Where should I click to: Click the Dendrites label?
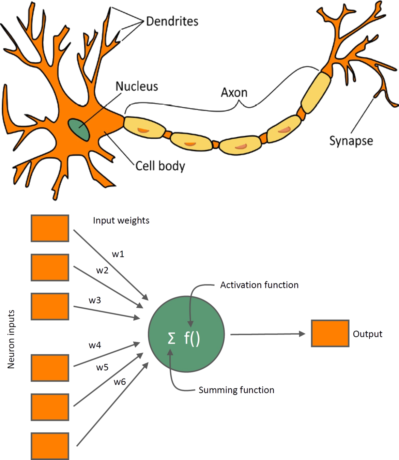point(172,21)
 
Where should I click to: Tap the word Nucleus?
point(137,86)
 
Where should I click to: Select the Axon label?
point(234,92)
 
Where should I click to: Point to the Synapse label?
point(351,140)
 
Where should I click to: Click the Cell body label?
point(160,166)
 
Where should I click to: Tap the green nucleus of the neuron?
point(79,129)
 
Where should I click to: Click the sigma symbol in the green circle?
point(171,339)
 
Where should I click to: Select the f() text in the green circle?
point(192,338)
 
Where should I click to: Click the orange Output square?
point(330,333)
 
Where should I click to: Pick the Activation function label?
point(259,285)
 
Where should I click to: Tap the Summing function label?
point(236,390)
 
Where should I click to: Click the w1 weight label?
point(118,254)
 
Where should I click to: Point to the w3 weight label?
point(95,301)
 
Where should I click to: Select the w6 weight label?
point(120,382)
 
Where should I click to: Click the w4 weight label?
point(95,346)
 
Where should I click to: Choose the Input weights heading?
point(121,220)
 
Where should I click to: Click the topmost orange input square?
point(50,228)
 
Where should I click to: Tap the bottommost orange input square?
point(50,446)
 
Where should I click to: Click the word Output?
point(368,334)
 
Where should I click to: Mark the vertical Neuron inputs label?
point(11,339)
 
